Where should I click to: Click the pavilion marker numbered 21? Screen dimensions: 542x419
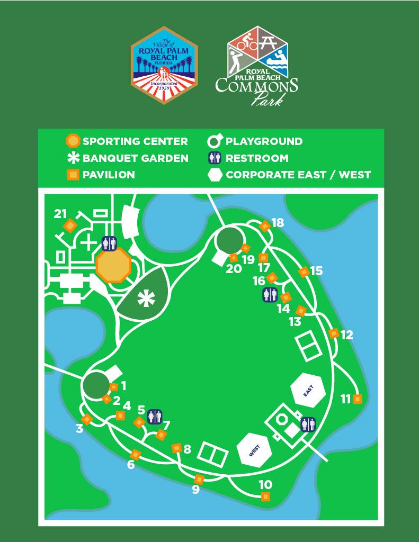click(69, 226)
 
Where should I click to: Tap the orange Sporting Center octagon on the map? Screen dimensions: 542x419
click(113, 265)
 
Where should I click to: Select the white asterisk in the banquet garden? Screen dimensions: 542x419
click(144, 299)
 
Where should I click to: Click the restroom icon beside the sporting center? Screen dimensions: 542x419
click(109, 243)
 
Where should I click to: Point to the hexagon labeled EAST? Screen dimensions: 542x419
click(309, 391)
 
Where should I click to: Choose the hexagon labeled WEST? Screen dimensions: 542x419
click(254, 450)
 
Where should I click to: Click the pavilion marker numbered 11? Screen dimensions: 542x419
click(357, 399)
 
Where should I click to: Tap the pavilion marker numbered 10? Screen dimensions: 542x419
click(265, 496)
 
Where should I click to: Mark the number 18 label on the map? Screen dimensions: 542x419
click(278, 222)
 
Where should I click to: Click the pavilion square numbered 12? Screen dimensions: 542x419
click(334, 333)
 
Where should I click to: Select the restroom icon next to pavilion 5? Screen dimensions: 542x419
click(155, 417)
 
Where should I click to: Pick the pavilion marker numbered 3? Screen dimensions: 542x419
click(87, 419)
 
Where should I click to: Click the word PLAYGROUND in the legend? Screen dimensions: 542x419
click(264, 141)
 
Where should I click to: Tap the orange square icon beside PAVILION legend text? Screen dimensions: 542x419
click(73, 175)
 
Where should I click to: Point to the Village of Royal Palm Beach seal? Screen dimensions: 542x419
click(164, 66)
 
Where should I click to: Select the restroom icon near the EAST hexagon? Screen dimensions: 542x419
click(308, 424)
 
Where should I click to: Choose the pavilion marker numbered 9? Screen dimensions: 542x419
click(199, 479)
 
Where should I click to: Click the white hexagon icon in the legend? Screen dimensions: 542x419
click(215, 175)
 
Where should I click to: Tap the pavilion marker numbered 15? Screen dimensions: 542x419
click(304, 272)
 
